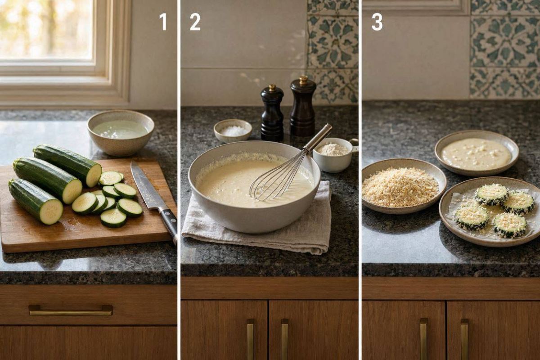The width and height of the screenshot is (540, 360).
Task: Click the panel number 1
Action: [163, 22]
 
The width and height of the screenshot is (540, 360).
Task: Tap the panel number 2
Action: [195, 22]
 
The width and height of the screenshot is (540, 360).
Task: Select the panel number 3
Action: [377, 22]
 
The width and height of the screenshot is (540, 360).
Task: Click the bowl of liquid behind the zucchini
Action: [121, 133]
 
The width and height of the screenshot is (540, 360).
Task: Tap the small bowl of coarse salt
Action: [233, 130]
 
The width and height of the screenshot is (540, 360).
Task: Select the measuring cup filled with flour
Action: [334, 154]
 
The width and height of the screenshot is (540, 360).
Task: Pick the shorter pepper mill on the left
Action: [272, 113]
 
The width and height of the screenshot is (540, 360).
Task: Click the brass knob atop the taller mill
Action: [303, 80]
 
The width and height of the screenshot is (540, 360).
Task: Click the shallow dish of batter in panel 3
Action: [477, 153]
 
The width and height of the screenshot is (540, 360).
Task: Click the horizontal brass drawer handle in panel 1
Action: [71, 310]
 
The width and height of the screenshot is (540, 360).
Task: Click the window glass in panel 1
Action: [46, 29]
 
